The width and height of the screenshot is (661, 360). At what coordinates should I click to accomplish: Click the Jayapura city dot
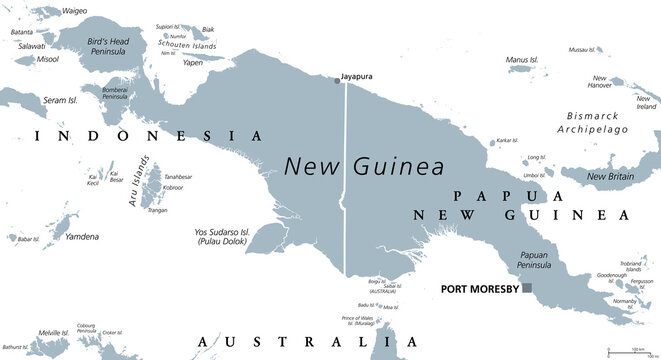coord(336,80)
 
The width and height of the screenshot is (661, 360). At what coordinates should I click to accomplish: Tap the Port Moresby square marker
coord(527,289)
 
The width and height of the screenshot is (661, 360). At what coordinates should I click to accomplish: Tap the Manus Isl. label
coord(524,60)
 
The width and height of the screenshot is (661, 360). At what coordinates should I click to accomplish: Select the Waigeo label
coord(74,11)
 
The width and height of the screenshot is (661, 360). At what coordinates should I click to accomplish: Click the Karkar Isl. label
coord(508,141)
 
